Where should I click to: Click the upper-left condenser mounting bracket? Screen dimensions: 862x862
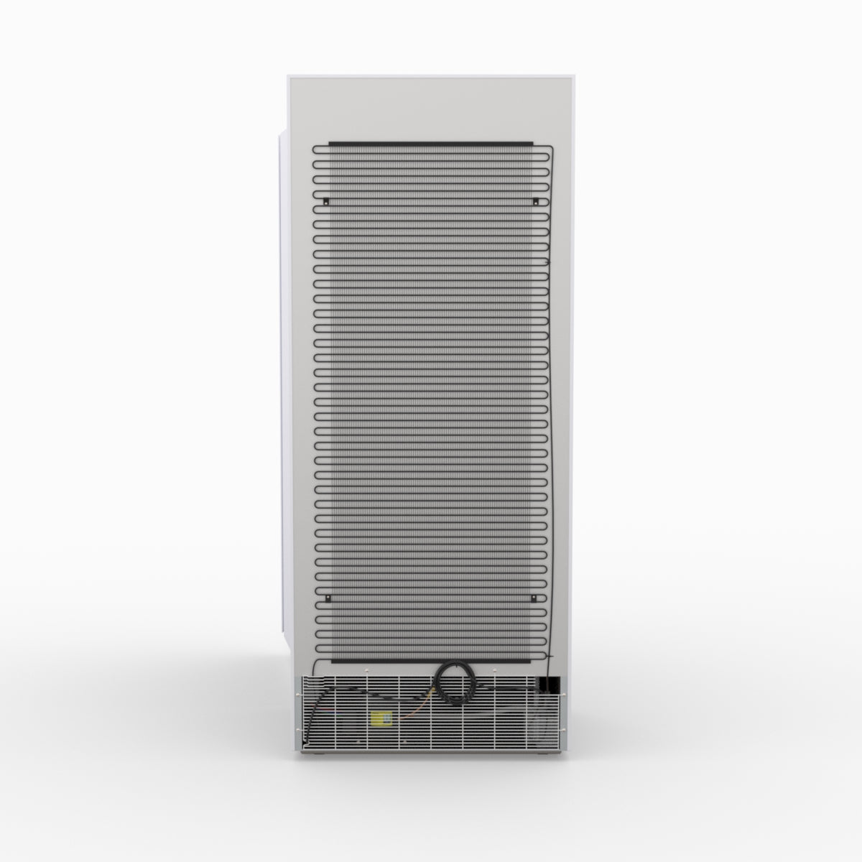pos(325,200)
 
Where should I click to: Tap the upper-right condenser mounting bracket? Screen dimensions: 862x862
pos(536,200)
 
